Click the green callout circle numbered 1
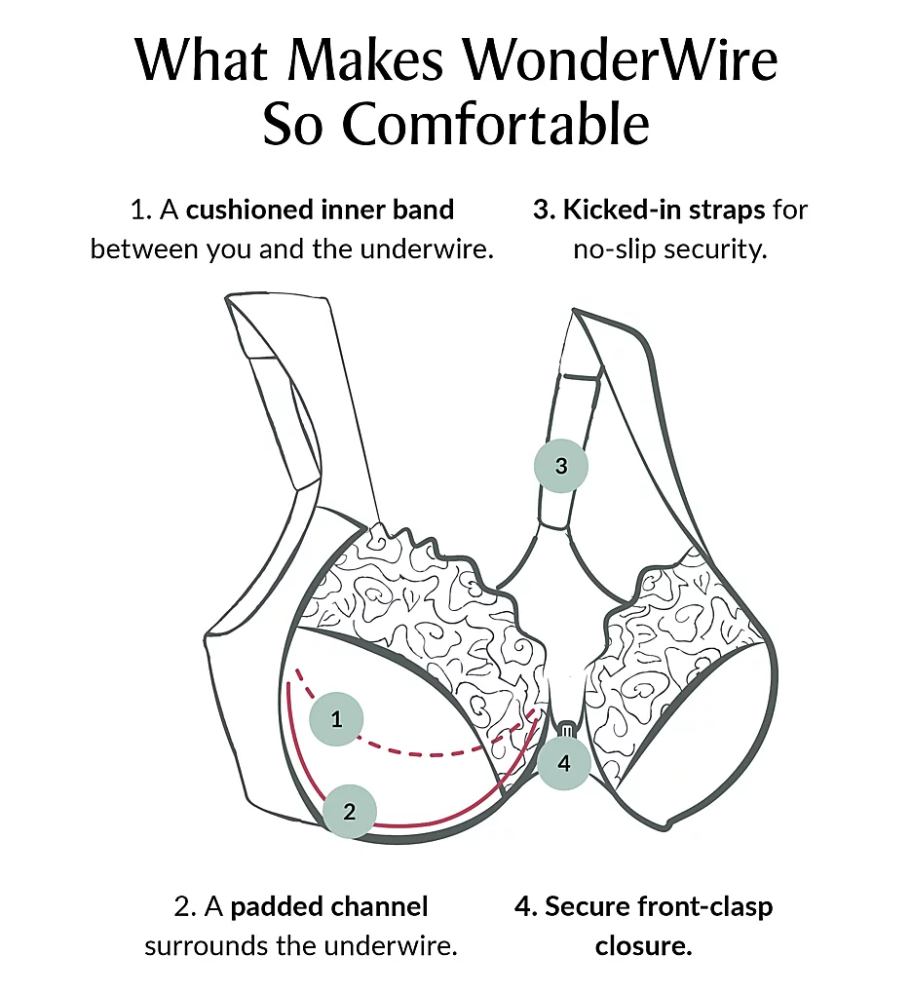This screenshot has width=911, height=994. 336,718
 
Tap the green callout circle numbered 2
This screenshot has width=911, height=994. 350,812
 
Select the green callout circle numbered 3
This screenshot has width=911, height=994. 561,466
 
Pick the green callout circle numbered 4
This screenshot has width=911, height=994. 564,763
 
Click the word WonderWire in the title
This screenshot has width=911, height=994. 620,60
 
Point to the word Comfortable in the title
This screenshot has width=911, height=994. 496,124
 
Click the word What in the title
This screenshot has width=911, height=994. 203,60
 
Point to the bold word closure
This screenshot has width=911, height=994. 643,946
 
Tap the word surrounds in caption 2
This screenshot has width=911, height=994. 207,946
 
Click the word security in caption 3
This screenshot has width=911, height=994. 715,249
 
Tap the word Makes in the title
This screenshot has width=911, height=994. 365,60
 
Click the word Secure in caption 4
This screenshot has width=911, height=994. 588,906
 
